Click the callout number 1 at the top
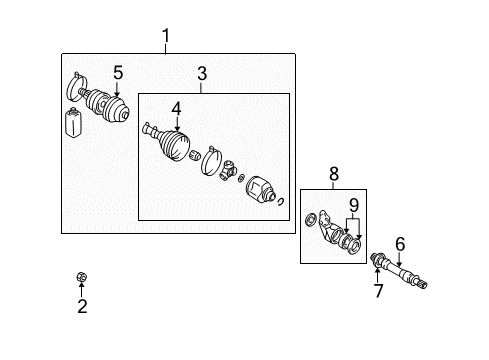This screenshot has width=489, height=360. pos(166,38)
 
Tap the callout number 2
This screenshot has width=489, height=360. pos(82,307)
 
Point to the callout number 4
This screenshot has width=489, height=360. pos(176,108)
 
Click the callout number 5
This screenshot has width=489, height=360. pos(117,72)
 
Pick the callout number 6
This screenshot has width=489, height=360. pos(400,242)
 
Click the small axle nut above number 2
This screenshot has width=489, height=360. pos(81,277)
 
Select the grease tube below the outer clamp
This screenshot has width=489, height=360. pos(72,125)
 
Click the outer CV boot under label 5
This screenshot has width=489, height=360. pos(109,106)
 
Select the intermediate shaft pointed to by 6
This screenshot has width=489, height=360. pos(406,275)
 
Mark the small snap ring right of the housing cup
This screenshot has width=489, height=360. pos(284,203)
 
